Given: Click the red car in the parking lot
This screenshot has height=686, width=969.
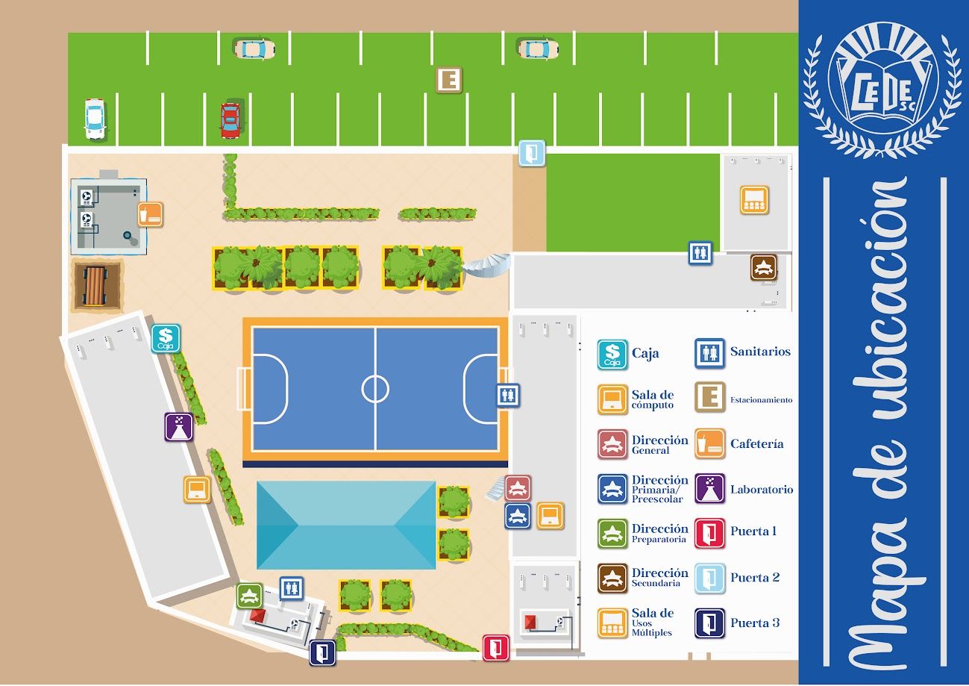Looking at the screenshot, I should pos(231,120).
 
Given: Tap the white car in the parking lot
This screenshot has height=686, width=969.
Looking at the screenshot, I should pos(95,119).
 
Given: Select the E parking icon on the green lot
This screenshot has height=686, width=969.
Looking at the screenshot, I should pos(449,80).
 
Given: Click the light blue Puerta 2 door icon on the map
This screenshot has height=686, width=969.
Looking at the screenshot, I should pos(532,153).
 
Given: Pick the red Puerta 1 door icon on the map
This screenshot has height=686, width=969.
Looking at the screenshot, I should pos(495,647).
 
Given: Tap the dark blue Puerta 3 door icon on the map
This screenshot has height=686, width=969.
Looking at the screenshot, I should pos(323,652).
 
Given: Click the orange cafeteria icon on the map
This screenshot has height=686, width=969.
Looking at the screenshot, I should pos(150,215).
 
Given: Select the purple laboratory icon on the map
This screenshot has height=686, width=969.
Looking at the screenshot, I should pos(179,427).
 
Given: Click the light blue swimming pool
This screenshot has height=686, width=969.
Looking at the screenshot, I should pos(346,525).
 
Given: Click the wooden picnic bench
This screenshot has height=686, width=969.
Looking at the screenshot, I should pos(95,285).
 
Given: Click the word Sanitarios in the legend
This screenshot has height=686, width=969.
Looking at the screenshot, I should pos(760,352).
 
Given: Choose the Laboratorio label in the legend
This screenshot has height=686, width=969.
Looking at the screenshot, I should pos(762,490).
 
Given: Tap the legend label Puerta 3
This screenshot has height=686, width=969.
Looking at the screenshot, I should pos(755,623).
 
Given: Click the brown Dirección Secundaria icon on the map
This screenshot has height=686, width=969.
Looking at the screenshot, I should pos(763,268).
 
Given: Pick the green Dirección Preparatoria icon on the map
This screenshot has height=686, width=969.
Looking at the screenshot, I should pos(250,596).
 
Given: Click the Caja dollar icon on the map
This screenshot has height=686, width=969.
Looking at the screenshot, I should pos(166,339).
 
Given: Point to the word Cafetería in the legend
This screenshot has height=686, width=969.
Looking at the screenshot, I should pos(756,443).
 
